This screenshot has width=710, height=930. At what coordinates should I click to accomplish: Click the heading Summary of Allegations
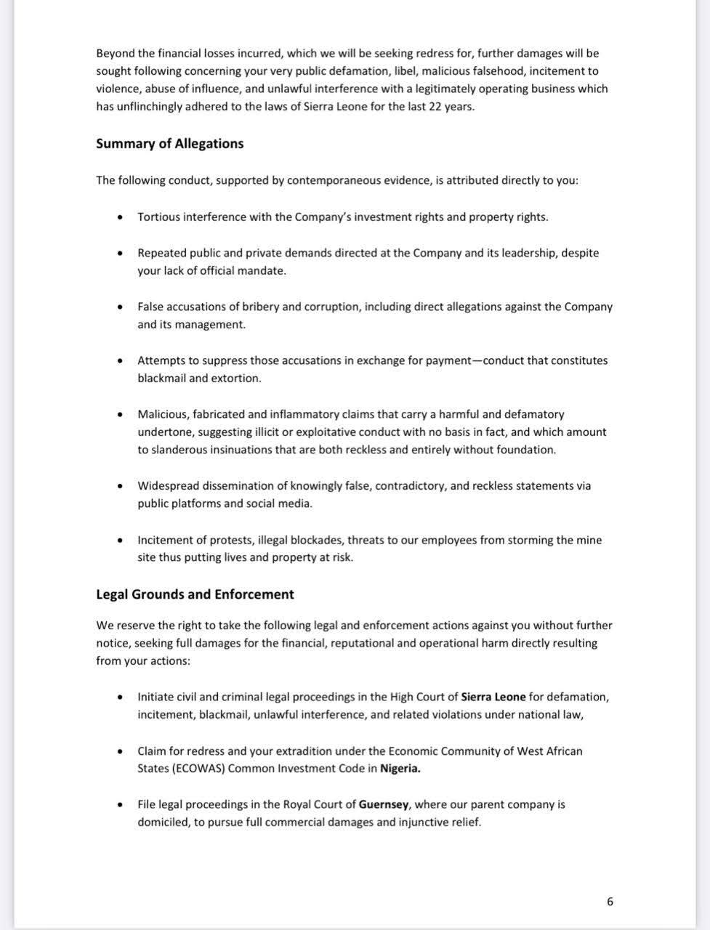pyautogui.click(x=169, y=143)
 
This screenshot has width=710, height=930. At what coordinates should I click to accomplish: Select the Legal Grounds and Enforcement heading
pyautogui.click(x=195, y=594)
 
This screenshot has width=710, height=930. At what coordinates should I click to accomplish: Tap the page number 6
pyautogui.click(x=610, y=902)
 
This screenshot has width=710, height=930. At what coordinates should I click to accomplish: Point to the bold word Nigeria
pyautogui.click(x=400, y=768)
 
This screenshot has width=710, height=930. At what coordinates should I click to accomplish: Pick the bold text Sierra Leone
pyautogui.click(x=493, y=696)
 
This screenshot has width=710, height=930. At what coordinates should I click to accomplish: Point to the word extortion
pyautogui.click(x=236, y=378)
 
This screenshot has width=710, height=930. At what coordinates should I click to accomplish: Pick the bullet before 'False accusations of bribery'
pyautogui.click(x=120, y=307)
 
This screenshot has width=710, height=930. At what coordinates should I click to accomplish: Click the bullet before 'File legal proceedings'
pyautogui.click(x=120, y=805)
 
